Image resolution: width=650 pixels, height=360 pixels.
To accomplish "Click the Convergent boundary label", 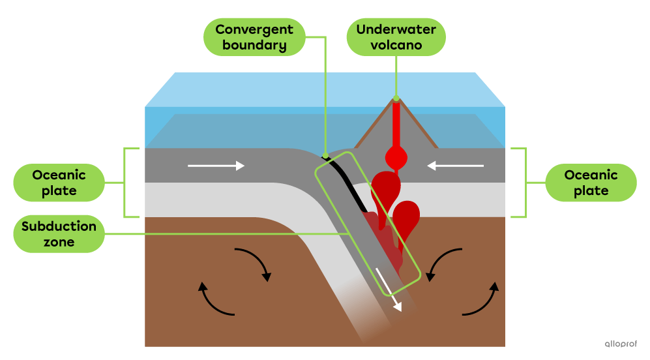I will tap(254, 37).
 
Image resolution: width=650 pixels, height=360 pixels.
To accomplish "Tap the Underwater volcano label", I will tap(396, 37).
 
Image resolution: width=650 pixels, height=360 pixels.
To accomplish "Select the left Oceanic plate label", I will tap(59, 183).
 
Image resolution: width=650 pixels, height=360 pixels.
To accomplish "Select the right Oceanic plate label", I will tap(591, 183).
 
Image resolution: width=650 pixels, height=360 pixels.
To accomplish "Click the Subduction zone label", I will tap(59, 234).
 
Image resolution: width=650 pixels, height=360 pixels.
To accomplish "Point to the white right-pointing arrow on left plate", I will tap(216, 166).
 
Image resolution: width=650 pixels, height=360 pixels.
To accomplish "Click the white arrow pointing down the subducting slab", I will tap(389, 287).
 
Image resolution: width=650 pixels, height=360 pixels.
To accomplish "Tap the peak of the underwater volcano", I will tap(396, 100).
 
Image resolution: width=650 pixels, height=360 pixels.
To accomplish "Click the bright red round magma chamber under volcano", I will tap(396, 157).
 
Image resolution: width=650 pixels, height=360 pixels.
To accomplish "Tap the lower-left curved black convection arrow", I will tap(215, 301).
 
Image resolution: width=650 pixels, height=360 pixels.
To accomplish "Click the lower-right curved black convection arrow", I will tap(482, 301).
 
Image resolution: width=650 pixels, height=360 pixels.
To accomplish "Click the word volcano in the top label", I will tap(396, 46).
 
